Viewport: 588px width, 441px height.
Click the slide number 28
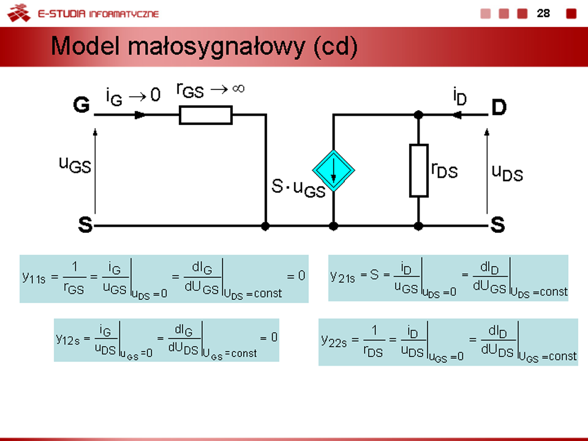tap(543, 13)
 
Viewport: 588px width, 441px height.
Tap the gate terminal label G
tap(81, 106)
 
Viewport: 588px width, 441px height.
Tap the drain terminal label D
tap(499, 108)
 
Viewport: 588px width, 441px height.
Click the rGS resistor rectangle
tap(206, 115)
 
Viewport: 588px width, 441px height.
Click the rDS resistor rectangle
tap(418, 170)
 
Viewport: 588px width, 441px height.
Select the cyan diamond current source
tap(333, 170)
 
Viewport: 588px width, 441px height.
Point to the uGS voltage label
tap(75, 164)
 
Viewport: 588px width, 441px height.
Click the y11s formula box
tap(164, 278)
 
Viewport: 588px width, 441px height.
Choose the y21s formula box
tap(448, 277)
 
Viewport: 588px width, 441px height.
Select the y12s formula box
tap(166, 339)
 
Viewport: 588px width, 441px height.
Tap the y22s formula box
tap(448, 342)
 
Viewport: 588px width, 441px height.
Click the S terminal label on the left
tap(85, 226)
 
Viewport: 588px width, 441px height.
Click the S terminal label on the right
tap(497, 226)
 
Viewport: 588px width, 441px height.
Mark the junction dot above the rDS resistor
tap(418, 115)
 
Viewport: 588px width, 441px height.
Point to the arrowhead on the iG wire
tap(140, 115)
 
